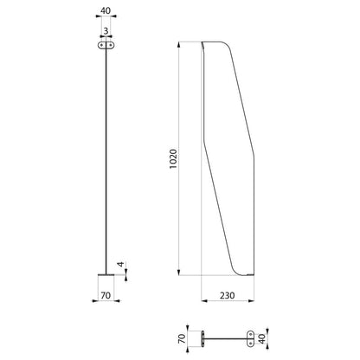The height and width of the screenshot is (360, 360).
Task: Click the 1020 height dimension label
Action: (x=173, y=159)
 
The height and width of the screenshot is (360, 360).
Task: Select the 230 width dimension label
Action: (x=228, y=295)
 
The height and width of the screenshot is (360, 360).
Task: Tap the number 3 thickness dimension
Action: (x=106, y=31)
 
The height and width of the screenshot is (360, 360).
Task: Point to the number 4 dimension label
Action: (x=121, y=264)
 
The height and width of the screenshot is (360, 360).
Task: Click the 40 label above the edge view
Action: (x=106, y=10)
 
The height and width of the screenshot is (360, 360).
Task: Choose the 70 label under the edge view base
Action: (x=106, y=295)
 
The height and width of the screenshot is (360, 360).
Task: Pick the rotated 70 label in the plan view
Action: (x=182, y=338)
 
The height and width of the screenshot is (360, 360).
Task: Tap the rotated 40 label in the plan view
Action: (x=262, y=338)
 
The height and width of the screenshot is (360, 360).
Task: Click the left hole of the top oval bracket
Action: (x=101, y=45)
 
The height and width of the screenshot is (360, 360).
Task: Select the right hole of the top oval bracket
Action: (x=110, y=45)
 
